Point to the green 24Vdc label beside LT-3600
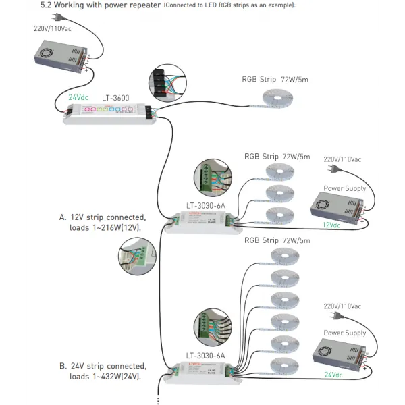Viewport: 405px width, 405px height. pos(78,97)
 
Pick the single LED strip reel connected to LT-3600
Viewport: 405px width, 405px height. pos(277,99)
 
